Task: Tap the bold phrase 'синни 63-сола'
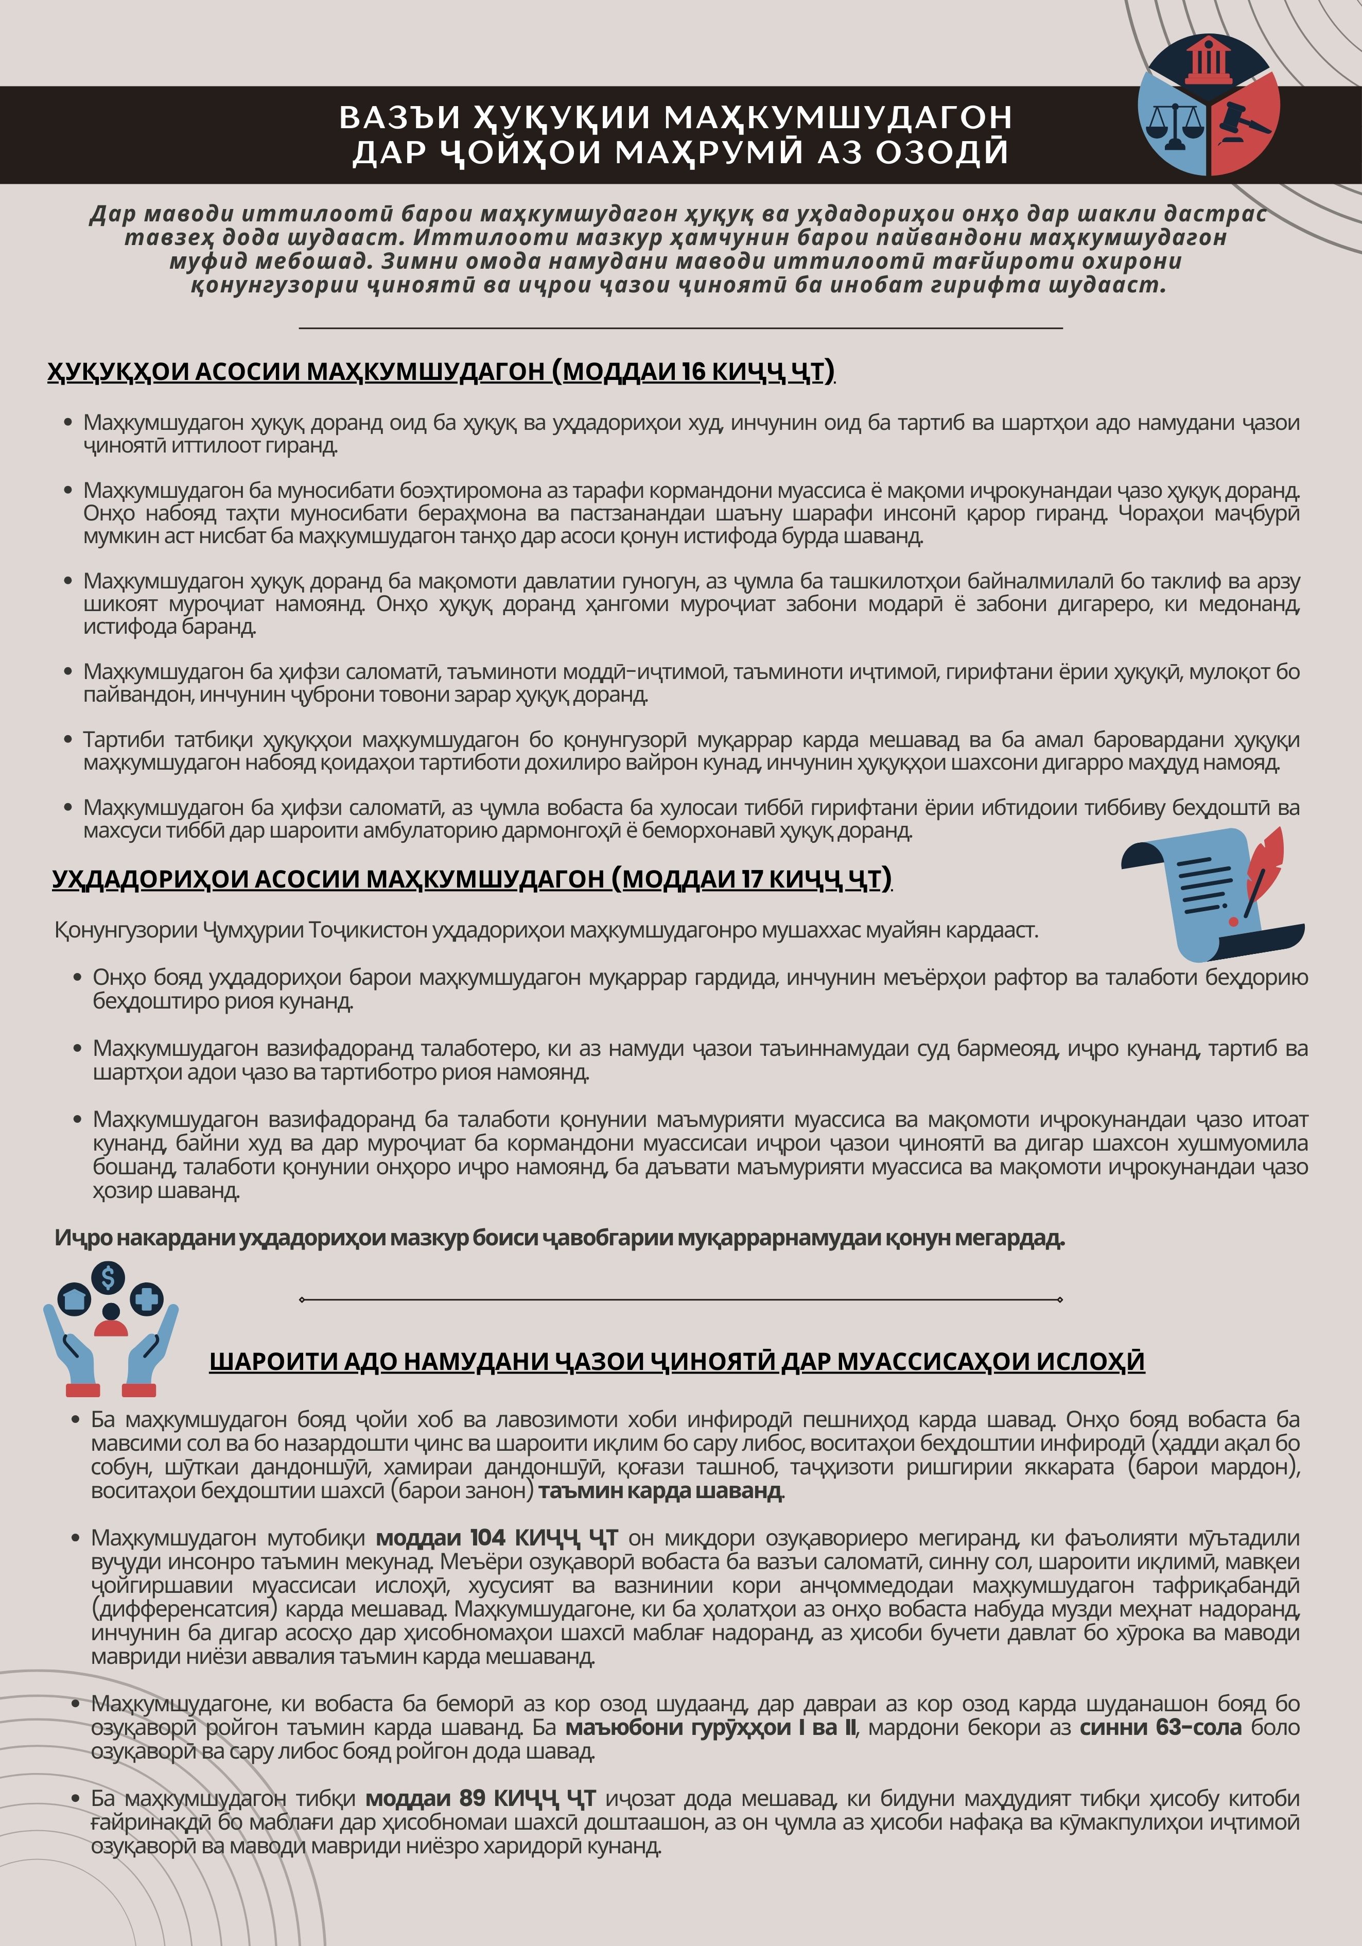[1159, 1727]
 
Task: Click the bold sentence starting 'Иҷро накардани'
[560, 1238]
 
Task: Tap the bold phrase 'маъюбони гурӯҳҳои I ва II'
[710, 1727]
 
